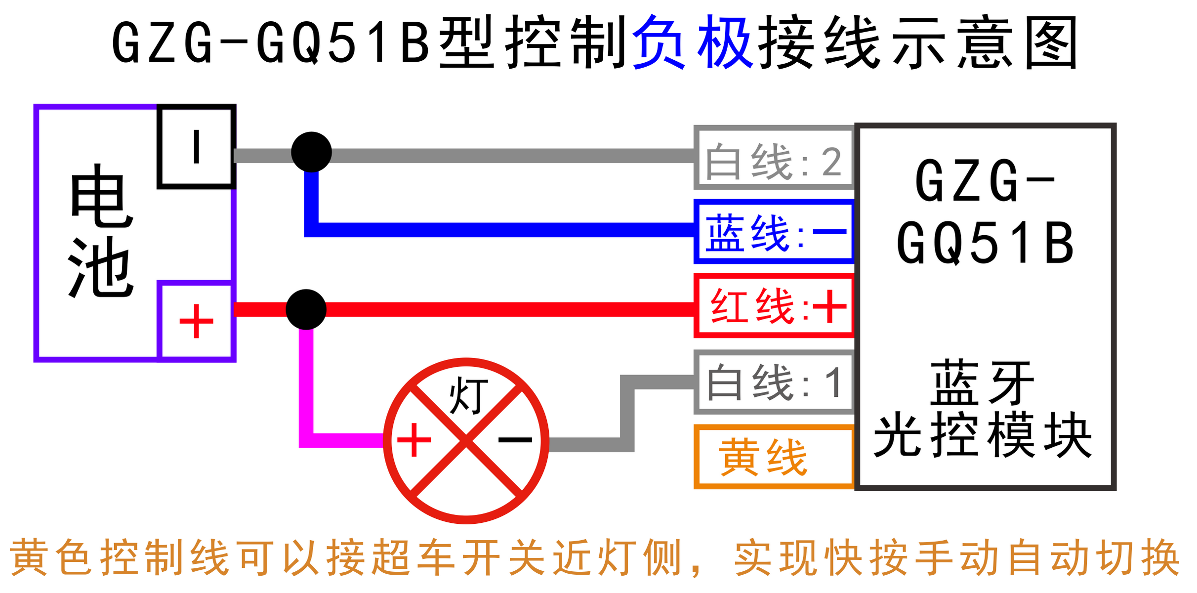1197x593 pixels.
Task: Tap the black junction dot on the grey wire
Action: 311,152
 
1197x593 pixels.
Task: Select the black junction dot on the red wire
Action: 306,309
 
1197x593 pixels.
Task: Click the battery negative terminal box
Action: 196,147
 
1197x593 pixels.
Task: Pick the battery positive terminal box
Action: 196,321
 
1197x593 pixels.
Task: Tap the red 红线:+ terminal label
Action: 774,306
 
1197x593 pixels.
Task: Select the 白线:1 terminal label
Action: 774,382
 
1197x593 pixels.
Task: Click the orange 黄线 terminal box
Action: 774,458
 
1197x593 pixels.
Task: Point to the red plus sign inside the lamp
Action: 414,439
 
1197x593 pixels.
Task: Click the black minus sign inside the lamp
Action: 515,439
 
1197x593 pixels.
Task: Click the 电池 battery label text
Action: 101,231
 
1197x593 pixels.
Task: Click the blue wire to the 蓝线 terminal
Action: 494,230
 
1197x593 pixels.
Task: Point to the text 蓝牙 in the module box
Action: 983,383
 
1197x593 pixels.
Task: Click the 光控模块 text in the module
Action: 983,436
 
